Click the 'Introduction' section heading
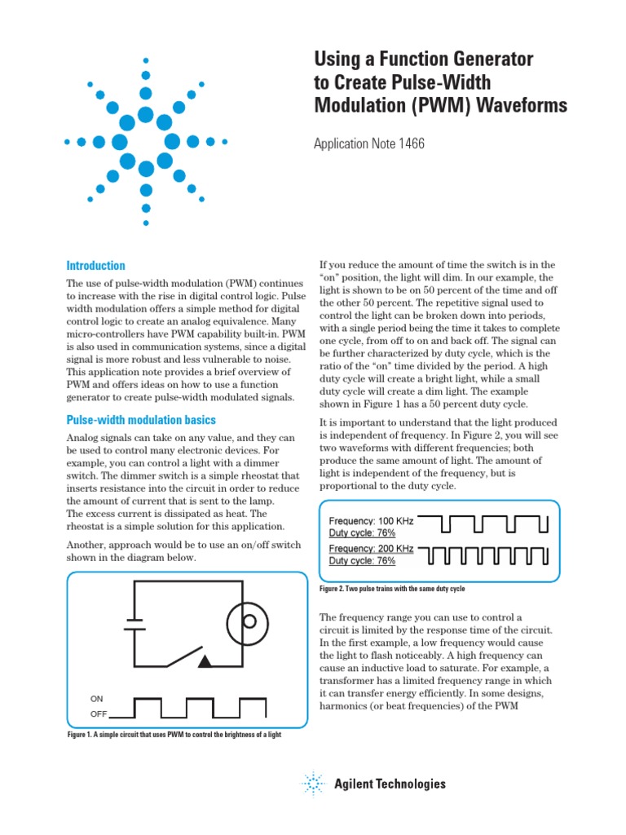95,266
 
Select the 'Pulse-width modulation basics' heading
141,420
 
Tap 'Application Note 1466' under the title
369,144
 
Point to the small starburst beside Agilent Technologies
314,784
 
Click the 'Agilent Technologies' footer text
390,784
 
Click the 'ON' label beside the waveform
98,699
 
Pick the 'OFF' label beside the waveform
99,714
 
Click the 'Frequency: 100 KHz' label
371,521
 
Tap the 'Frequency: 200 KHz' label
371,550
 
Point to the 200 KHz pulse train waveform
487,555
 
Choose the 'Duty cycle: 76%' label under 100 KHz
362,532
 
